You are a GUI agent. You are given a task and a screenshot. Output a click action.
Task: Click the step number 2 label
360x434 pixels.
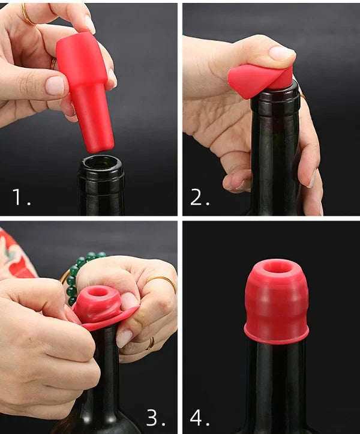click(x=200, y=197)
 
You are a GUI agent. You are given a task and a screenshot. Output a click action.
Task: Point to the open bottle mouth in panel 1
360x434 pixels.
click(x=101, y=163)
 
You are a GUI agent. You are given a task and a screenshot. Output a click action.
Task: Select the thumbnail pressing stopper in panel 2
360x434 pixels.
click(x=281, y=53)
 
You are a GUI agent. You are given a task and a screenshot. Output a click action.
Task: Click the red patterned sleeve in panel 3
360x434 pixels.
click(x=15, y=255)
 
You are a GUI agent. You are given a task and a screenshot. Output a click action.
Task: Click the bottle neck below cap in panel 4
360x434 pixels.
click(x=276, y=384)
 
